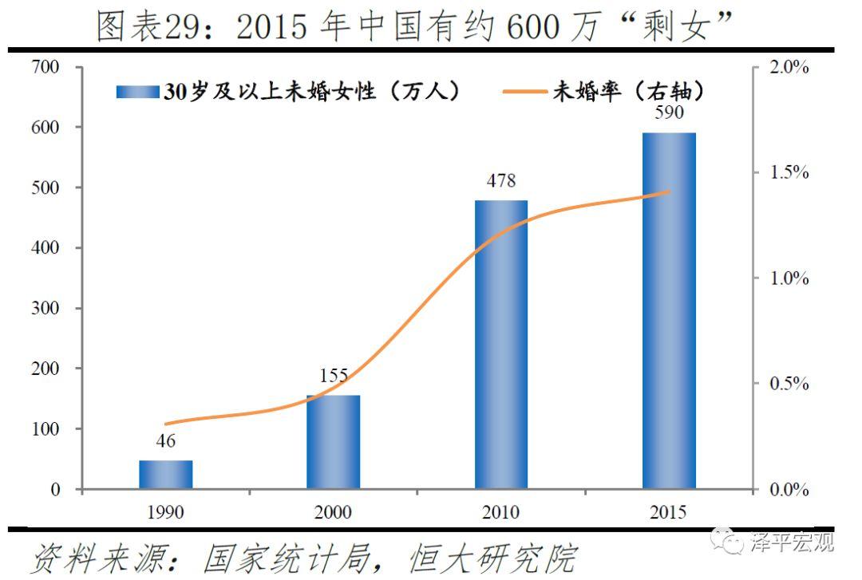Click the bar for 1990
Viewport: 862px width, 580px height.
[x=166, y=475]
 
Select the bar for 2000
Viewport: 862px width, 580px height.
[x=334, y=442]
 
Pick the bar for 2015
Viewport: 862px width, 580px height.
[x=669, y=311]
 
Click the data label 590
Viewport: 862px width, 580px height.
[x=669, y=112]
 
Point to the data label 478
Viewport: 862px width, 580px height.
[x=501, y=181]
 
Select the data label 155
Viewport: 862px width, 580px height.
[x=334, y=376]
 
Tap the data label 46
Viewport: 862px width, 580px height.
[x=166, y=441]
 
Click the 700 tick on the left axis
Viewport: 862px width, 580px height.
[x=45, y=67]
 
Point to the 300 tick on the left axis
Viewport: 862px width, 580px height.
[x=45, y=309]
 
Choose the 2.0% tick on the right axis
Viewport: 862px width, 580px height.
[x=789, y=67]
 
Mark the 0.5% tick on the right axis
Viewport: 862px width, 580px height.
[x=789, y=384]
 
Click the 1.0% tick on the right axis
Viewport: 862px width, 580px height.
[x=789, y=278]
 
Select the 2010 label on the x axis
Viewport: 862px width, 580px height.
[x=501, y=512]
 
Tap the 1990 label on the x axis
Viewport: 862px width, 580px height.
[x=166, y=512]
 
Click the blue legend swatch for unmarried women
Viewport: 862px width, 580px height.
[x=137, y=92]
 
